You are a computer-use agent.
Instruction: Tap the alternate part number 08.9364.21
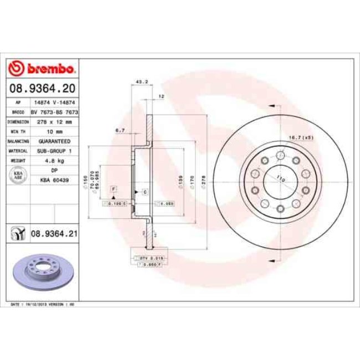(53, 234)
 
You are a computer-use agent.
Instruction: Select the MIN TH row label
(18, 131)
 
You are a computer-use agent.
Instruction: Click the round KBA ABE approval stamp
(18, 176)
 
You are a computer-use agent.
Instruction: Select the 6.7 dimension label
(119, 130)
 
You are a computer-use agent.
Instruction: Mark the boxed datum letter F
(114, 189)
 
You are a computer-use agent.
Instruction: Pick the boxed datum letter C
(145, 192)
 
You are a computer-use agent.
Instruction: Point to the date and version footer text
(43, 304)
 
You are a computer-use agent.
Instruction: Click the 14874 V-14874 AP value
(54, 102)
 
